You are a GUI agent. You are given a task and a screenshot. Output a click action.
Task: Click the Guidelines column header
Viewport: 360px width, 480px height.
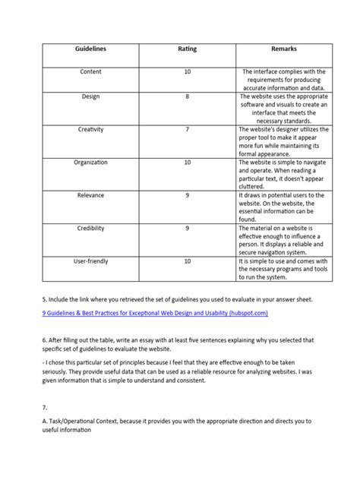[x=90, y=49]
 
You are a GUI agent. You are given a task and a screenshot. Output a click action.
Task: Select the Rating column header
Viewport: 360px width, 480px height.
[x=187, y=49]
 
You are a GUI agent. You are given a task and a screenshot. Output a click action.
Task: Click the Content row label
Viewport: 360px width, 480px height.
[x=90, y=71]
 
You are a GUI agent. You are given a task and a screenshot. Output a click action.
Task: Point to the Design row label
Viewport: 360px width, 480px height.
[x=90, y=97]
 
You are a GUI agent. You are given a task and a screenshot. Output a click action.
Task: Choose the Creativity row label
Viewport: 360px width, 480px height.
[x=90, y=130]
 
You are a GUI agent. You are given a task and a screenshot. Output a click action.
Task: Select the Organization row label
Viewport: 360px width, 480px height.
[x=90, y=163]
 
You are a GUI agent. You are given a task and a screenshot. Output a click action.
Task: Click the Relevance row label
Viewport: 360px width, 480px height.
[x=90, y=195]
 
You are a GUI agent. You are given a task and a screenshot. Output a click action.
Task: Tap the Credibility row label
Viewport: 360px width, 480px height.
[x=90, y=228]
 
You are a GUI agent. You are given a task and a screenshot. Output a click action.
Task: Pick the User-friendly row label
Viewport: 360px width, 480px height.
[x=90, y=261]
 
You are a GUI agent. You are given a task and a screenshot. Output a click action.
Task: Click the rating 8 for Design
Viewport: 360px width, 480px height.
[x=187, y=97]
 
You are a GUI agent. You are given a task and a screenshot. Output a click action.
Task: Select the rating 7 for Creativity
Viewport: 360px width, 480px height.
[x=187, y=130]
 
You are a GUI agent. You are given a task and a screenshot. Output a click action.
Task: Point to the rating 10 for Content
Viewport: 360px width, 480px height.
[x=187, y=71]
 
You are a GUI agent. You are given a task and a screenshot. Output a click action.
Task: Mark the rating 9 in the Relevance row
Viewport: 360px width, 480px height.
[x=187, y=195]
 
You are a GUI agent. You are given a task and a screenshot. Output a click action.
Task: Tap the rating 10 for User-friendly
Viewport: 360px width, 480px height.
[x=187, y=261]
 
